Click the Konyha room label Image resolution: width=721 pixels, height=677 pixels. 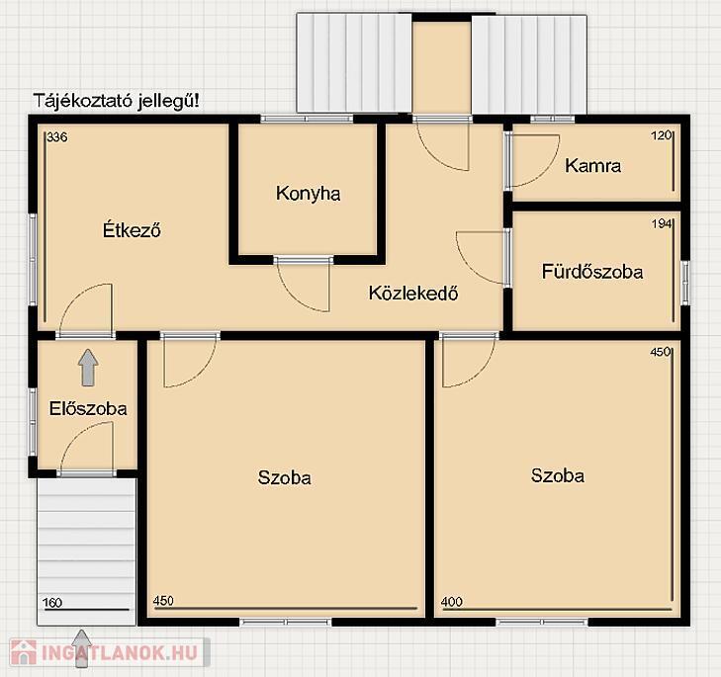click(308, 194)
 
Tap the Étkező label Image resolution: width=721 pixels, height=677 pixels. click(132, 229)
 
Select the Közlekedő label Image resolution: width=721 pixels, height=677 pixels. click(413, 293)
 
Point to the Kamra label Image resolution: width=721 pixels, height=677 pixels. click(592, 165)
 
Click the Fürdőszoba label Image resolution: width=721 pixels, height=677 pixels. click(592, 271)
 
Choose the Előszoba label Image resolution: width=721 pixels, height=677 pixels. click(88, 408)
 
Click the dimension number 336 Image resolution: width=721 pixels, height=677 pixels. click(57, 137)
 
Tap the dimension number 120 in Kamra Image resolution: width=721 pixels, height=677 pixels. click(662, 135)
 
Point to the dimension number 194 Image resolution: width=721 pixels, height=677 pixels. click(662, 224)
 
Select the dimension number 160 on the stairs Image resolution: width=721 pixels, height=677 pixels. click(52, 603)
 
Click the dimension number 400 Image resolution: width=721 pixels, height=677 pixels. click(452, 602)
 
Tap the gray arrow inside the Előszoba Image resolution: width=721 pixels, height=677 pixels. click(88, 368)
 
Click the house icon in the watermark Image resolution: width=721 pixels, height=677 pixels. click(24, 652)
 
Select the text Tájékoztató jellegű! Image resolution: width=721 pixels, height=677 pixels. click(118, 101)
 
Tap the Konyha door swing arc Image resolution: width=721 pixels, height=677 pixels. click(295, 299)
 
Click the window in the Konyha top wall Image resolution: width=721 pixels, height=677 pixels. click(307, 119)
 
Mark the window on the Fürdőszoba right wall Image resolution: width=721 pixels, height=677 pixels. click(685, 283)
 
